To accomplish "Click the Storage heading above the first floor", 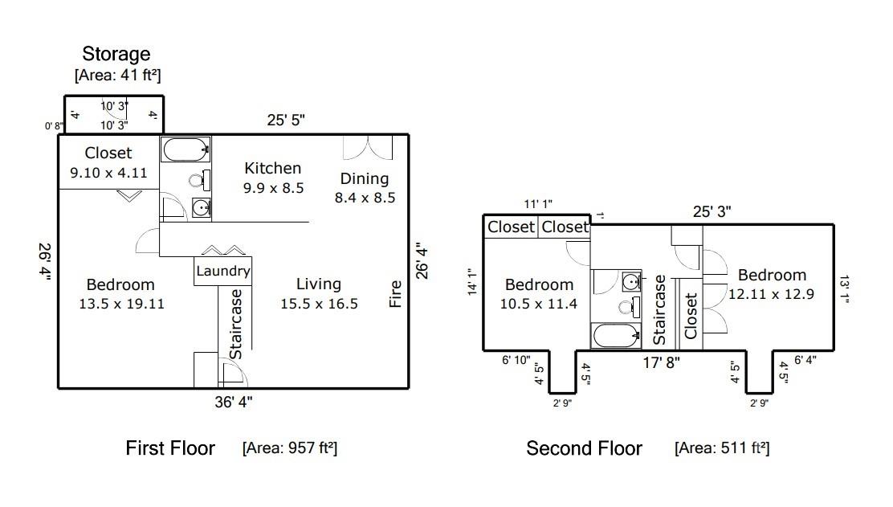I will pyautogui.click(x=116, y=55).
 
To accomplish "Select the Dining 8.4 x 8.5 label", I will pyautogui.click(x=365, y=187).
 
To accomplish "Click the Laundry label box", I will pyautogui.click(x=223, y=272).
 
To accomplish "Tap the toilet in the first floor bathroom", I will pyautogui.click(x=198, y=180).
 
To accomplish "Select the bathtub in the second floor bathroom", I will pyautogui.click(x=616, y=335).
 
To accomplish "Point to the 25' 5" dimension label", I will pyautogui.click(x=286, y=121).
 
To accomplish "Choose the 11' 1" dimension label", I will pyautogui.click(x=538, y=206).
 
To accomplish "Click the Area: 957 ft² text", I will pyautogui.click(x=289, y=448).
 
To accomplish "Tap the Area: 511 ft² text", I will pyautogui.click(x=722, y=448).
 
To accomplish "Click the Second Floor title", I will pyautogui.click(x=584, y=448).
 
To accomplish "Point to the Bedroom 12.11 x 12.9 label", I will pyautogui.click(x=772, y=284).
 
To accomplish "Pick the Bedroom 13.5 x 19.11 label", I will pyautogui.click(x=120, y=293).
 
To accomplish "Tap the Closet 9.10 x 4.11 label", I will pyautogui.click(x=108, y=162).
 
